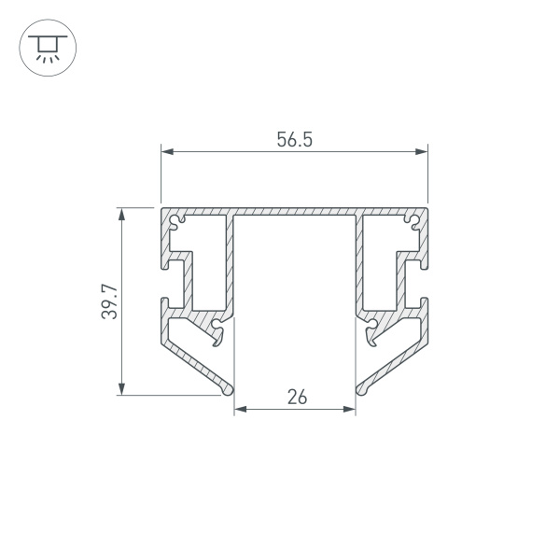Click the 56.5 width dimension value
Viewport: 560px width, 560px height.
pos(295,140)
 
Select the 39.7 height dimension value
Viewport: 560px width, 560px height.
pos(109,301)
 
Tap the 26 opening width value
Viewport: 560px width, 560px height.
pos(297,398)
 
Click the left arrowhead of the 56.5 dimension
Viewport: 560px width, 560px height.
pos(167,152)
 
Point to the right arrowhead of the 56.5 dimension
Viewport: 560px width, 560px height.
pos(422,152)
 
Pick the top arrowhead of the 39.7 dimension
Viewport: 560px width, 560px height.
pos(121,214)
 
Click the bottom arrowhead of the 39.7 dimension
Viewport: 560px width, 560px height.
pos(121,388)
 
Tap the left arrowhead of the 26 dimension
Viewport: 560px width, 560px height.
pos(241,409)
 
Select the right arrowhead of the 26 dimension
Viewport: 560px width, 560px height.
pos(349,409)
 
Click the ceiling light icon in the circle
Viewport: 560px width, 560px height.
pos(48,49)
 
